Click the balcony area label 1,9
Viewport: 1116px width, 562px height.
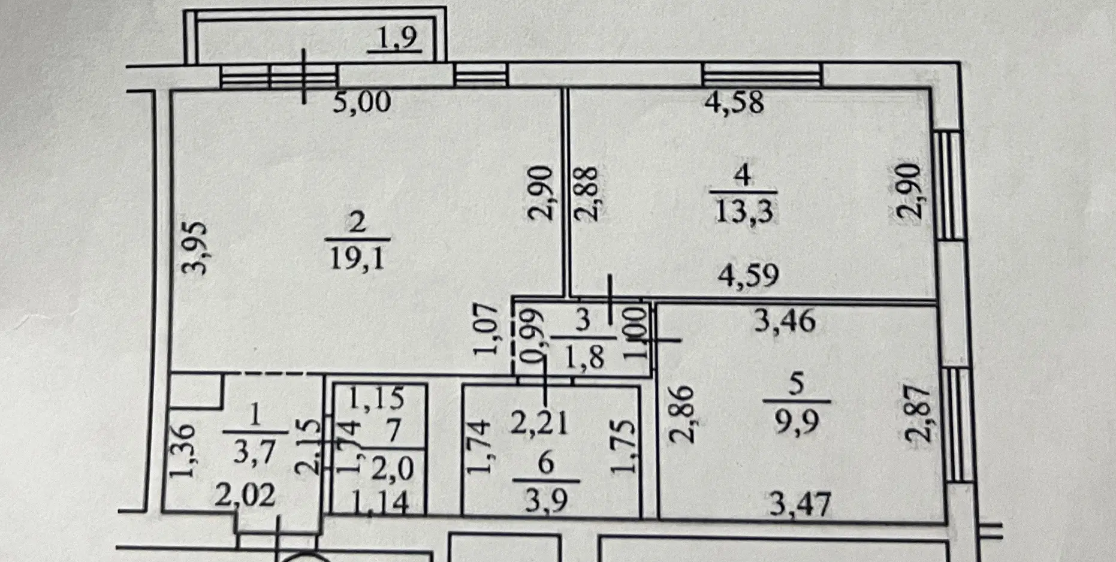[x=396, y=38]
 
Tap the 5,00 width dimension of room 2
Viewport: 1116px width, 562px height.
[x=362, y=102]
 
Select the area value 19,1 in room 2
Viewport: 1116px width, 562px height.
[x=357, y=259]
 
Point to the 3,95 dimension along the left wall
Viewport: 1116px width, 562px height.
[x=195, y=247]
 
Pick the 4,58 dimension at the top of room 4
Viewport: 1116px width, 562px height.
[x=734, y=102]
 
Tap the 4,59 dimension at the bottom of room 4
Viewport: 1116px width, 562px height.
[x=749, y=276]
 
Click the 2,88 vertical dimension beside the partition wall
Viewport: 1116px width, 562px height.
[x=586, y=194]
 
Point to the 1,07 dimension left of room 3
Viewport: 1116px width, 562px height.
[x=486, y=330]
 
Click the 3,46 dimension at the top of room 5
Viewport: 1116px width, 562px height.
[x=785, y=321]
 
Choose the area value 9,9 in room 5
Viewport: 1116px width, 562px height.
[x=797, y=422]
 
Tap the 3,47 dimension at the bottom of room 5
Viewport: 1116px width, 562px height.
[x=800, y=504]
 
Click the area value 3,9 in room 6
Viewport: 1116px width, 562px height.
[x=546, y=500]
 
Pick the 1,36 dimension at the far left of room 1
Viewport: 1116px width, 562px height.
[x=182, y=451]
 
